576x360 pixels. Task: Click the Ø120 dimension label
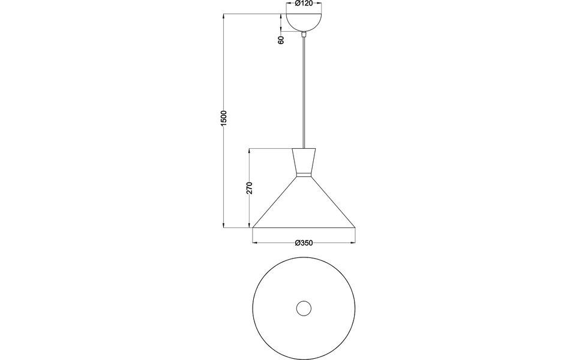pyautogui.click(x=304, y=4)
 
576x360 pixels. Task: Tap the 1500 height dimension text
pyautogui.click(x=223, y=118)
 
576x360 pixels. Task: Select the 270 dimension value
pyautogui.click(x=250, y=187)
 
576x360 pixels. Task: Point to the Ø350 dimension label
pyautogui.click(x=304, y=243)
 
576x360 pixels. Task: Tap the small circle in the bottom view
pyautogui.click(x=304, y=308)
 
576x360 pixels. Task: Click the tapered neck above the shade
pyautogui.click(x=304, y=161)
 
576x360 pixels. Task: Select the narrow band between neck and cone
pyautogui.click(x=304, y=176)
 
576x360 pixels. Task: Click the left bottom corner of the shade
pyautogui.click(x=253, y=227)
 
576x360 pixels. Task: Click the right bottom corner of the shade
pyautogui.click(x=355, y=227)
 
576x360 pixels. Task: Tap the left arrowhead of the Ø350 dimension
pyautogui.click(x=255, y=243)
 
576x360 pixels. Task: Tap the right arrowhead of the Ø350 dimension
pyautogui.click(x=353, y=243)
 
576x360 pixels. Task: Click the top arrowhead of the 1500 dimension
pyautogui.click(x=223, y=16)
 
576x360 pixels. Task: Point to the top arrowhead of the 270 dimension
pyautogui.click(x=250, y=149)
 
